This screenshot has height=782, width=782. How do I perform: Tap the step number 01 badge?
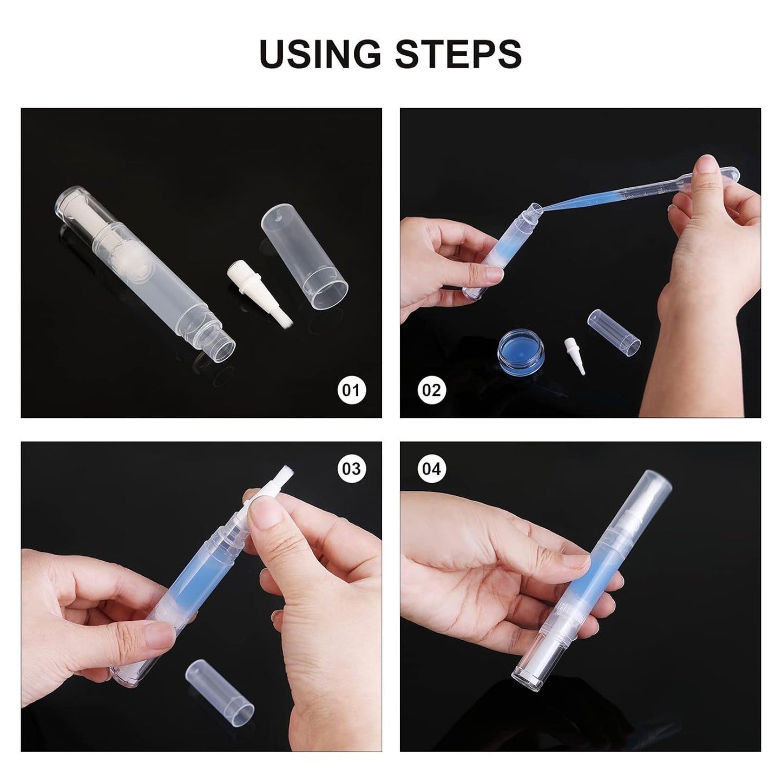pos(351,390)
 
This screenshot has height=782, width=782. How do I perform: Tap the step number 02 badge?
pos(431,390)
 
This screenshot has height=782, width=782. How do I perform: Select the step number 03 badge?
pos(351,468)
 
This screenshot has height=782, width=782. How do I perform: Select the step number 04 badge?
pos(431,468)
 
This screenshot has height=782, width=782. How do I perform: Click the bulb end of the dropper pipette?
pos(724,172)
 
